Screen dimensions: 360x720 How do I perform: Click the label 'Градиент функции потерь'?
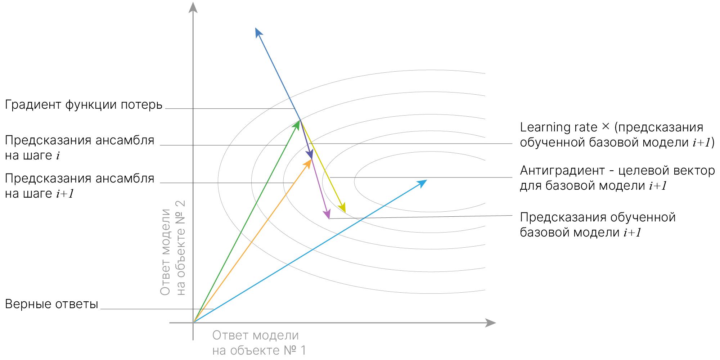point(84,105)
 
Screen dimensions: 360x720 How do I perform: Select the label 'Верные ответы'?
point(51,304)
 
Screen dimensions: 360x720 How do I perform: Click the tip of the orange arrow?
point(309,162)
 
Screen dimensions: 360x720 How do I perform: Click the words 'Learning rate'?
point(558,127)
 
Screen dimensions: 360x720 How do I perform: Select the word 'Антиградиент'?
point(562,170)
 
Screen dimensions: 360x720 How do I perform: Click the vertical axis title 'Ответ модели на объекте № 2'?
point(173,248)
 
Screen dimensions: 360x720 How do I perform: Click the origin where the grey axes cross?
point(193,323)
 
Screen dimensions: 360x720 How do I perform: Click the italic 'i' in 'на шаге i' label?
point(58,156)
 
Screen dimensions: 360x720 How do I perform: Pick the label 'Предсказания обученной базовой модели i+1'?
point(598,225)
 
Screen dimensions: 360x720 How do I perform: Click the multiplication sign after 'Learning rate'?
point(606,127)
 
